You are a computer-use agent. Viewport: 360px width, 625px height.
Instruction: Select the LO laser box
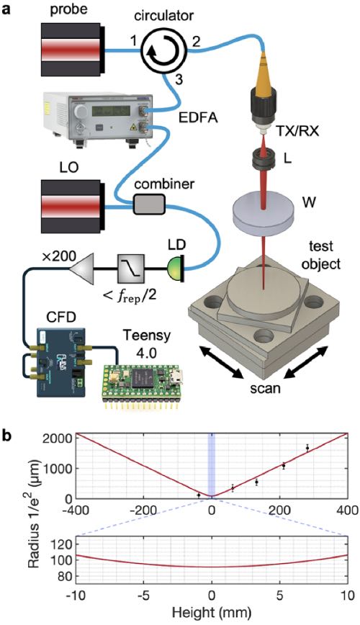(73, 207)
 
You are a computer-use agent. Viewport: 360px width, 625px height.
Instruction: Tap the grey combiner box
(149, 205)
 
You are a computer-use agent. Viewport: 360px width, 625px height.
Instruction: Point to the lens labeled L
(264, 158)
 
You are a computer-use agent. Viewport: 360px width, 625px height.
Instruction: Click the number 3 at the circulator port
(179, 79)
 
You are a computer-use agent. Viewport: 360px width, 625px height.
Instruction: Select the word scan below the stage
(265, 388)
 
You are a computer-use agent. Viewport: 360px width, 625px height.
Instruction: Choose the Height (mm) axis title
(212, 611)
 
